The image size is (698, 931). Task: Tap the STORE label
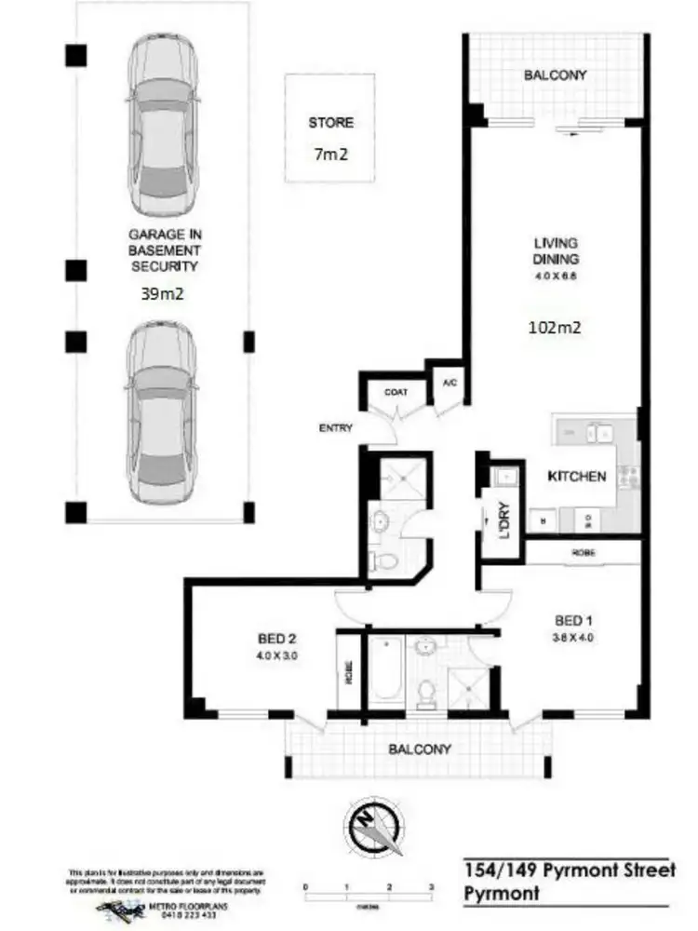coord(331,122)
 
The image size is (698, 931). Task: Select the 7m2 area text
coord(331,154)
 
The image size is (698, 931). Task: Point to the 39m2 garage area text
coord(163,295)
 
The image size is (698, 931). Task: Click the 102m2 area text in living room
coord(556,327)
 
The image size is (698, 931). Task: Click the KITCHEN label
coord(577,476)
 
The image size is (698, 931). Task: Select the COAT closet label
coord(396,392)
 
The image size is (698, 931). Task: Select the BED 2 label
coord(276,639)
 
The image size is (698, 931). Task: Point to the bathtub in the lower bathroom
coord(384,671)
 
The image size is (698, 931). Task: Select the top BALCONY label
coord(555,75)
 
